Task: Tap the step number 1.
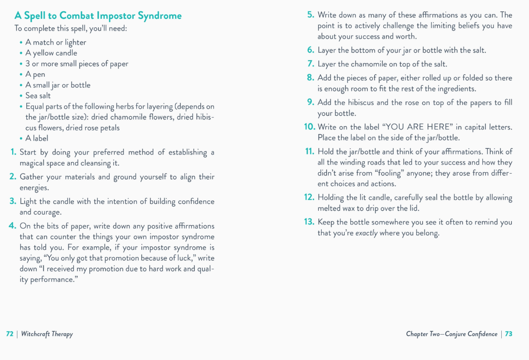13,152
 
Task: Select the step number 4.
13,226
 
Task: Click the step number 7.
310,64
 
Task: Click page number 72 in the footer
9,334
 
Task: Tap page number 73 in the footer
509,334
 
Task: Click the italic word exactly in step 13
366,233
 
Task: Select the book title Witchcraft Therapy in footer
47,334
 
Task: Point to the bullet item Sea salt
38,96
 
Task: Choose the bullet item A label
37,138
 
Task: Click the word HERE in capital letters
438,127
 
